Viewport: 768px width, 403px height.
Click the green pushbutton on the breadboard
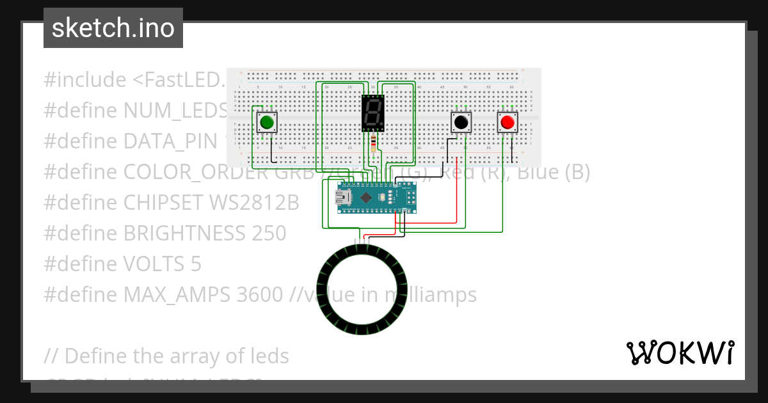(x=268, y=122)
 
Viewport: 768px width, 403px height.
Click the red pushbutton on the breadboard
(x=508, y=122)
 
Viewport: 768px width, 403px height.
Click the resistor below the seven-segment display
(x=374, y=143)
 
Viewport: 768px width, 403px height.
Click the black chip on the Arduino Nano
(x=366, y=198)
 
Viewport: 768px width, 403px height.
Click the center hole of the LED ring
(x=362, y=289)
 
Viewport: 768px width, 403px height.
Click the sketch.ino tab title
(x=113, y=28)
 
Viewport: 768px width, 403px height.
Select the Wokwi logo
(x=680, y=353)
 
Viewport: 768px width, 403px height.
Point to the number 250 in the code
(x=266, y=233)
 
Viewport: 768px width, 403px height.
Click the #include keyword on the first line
(x=85, y=80)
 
